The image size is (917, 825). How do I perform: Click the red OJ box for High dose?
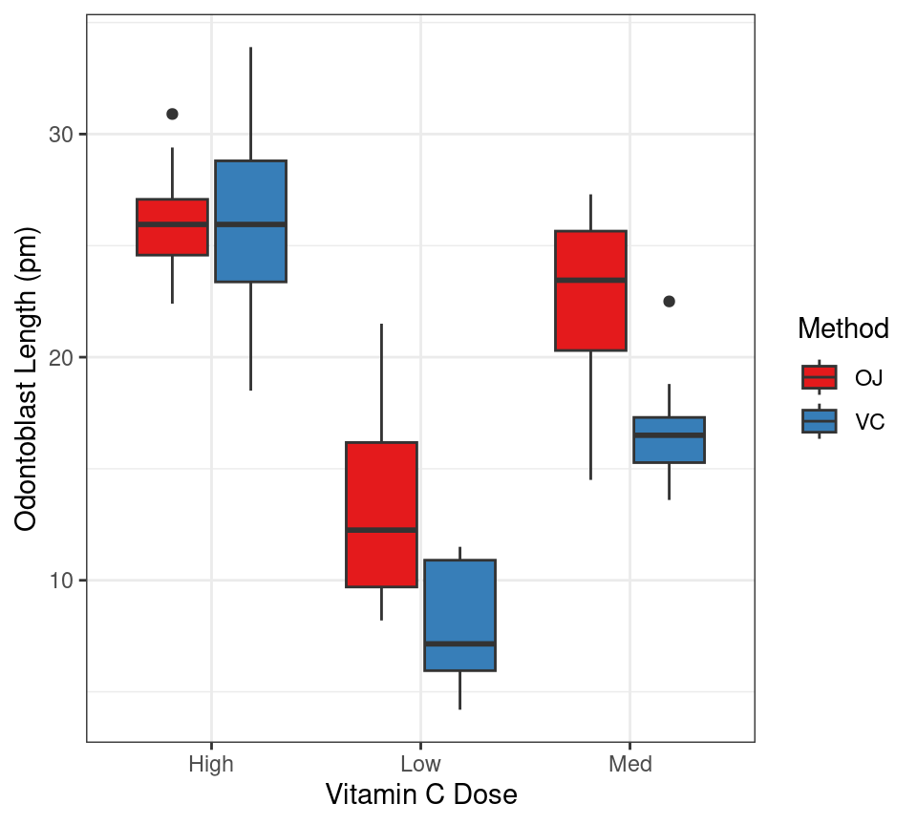(172, 227)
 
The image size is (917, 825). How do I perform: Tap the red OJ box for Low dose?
(381, 515)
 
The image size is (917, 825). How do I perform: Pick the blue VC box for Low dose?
(459, 615)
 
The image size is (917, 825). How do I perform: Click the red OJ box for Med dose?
(590, 290)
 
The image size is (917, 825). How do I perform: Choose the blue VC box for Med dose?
(669, 439)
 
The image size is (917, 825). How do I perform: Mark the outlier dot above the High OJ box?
(172, 114)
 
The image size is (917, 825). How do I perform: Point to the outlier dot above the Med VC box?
(669, 302)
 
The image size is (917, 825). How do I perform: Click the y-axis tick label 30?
(62, 135)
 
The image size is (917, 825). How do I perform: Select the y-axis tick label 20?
(62, 357)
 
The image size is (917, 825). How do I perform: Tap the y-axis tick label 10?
(62, 581)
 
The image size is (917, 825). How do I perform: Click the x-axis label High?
(210, 764)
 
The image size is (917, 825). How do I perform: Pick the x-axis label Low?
(420, 764)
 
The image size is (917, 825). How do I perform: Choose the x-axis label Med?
(629, 764)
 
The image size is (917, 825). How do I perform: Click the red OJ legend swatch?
(819, 377)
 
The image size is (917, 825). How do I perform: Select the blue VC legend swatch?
(819, 421)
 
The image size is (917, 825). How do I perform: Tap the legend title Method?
(842, 328)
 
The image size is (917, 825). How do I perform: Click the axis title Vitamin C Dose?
(420, 794)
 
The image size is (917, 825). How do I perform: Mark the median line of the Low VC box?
(459, 644)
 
